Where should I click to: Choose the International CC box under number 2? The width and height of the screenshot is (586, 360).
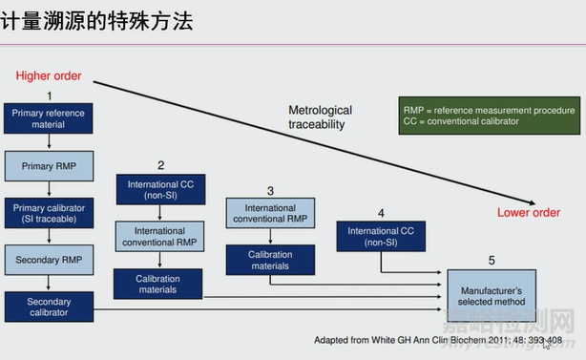coord(159,189)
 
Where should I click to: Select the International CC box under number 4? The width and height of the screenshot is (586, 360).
coord(381,236)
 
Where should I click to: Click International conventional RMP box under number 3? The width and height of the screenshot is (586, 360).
coord(270,213)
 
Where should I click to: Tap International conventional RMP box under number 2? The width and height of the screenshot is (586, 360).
coord(159,236)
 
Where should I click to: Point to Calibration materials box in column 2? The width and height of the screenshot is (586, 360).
coord(159,283)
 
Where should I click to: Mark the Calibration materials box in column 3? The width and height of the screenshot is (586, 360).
coord(270,260)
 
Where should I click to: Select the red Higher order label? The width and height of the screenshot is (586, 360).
coord(49,75)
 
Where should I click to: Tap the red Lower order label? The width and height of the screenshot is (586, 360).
coord(529,212)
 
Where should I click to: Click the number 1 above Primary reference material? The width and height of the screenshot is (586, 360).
coord(50,95)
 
